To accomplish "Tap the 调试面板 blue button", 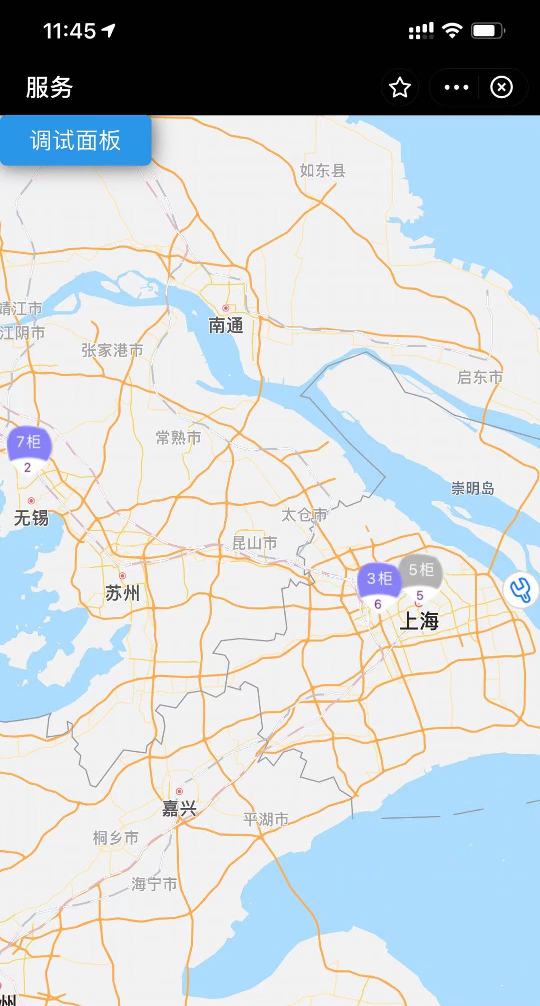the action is coord(75,140).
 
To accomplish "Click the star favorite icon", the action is coord(400,88).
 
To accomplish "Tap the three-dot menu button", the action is coord(456,88).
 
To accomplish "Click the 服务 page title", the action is coord(49,88).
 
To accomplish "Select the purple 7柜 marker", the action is coord(29,444).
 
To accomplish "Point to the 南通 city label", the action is coord(226,326).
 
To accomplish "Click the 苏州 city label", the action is coord(122,593).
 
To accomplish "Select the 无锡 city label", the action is coord(31,518).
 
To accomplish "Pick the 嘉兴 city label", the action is coord(179,809).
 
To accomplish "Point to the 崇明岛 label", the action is coord(472,488).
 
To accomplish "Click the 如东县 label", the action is coord(323,171).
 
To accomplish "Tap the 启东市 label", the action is coord(479,377).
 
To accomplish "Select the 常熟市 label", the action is coord(178,438).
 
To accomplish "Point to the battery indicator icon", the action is coord(487,31).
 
